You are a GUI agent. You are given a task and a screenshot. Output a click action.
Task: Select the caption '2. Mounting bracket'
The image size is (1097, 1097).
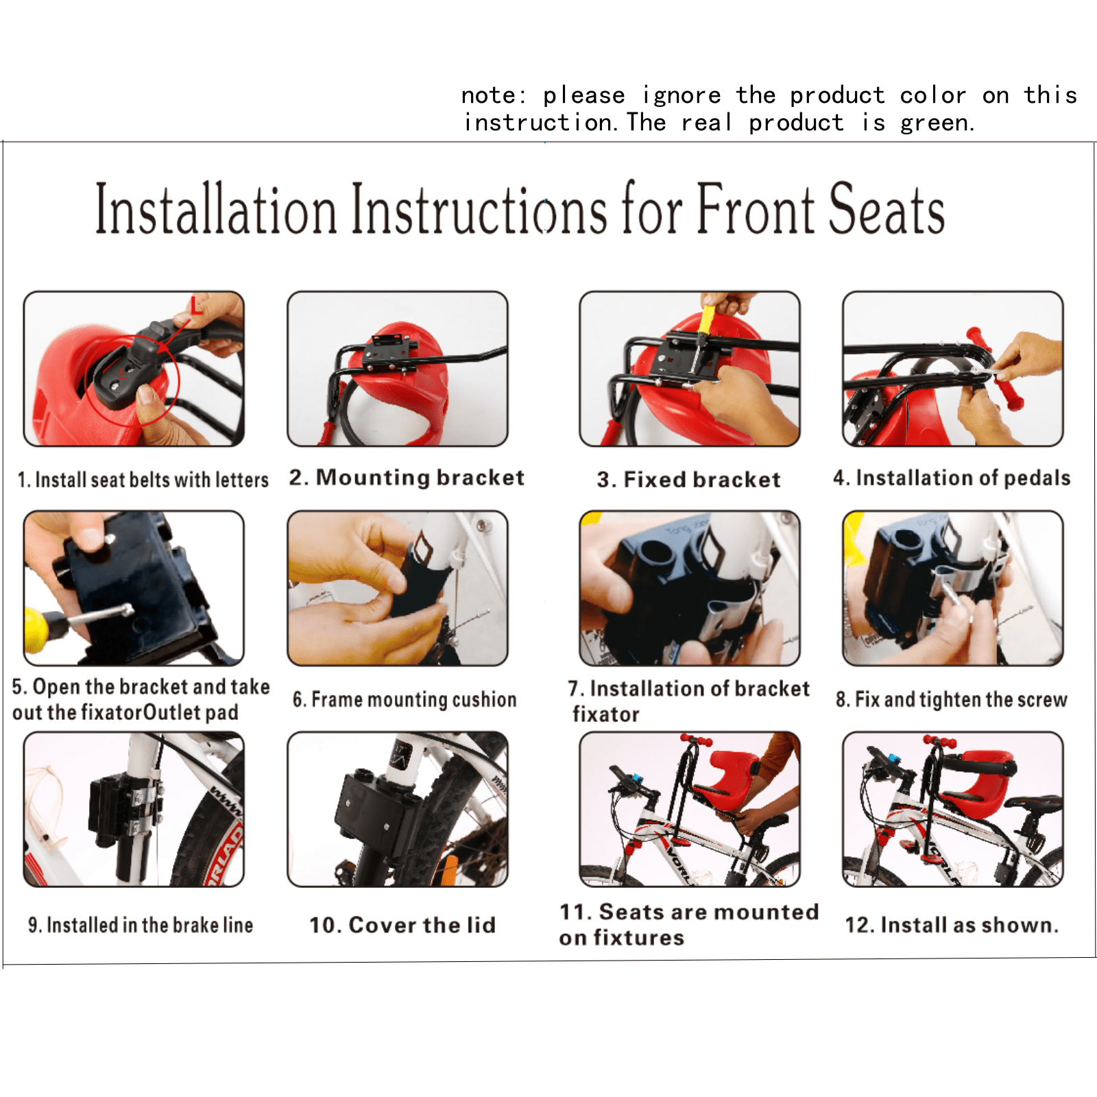point(407,477)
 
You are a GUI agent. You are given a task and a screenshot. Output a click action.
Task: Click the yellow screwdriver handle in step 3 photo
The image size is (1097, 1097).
point(705,317)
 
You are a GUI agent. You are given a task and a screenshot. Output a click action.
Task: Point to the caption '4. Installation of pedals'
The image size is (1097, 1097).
point(952,478)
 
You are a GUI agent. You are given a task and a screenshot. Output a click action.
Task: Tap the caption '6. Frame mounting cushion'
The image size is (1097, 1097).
point(405,699)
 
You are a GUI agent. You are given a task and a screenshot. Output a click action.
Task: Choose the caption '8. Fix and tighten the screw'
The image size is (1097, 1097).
point(952,699)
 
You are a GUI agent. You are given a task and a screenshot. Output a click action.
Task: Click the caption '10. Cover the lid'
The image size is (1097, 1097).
point(402,925)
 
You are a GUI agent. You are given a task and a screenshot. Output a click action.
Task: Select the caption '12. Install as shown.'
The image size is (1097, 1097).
point(952,925)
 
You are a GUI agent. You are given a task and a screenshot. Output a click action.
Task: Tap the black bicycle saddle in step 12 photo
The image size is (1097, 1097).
point(1035,804)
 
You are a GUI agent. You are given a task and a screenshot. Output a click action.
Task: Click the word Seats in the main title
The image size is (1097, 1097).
point(887,208)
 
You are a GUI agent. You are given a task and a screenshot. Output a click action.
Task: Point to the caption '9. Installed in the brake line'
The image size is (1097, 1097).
point(141,925)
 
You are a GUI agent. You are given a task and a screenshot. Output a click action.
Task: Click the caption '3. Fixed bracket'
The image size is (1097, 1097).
point(688,479)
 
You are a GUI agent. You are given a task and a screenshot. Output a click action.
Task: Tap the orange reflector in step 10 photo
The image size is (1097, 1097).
point(448,870)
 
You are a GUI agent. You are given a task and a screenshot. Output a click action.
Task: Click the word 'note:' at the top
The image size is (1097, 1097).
point(494,95)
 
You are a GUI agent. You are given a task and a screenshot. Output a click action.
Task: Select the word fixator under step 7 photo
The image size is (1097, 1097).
point(606,714)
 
